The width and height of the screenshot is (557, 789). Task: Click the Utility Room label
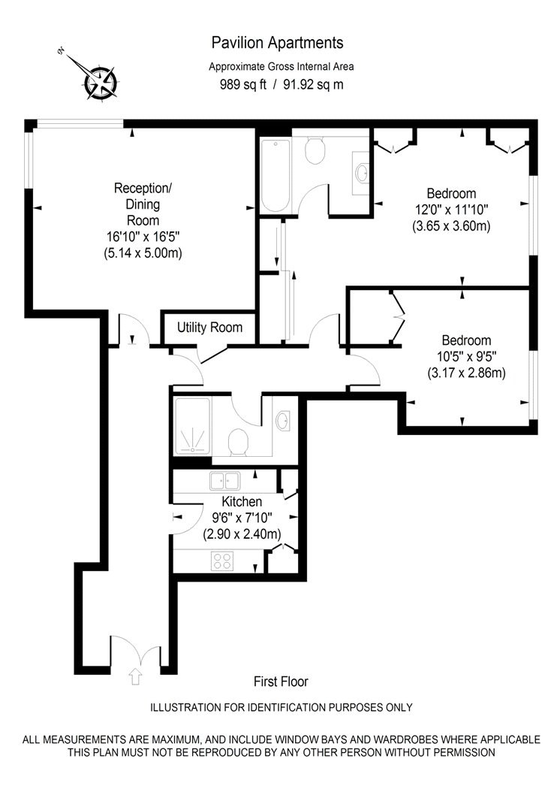[209, 328]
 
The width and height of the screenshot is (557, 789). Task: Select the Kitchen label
[242, 502]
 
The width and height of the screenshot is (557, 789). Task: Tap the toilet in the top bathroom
[315, 151]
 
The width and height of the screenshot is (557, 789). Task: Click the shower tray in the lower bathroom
[193, 425]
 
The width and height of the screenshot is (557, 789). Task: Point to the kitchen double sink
[224, 481]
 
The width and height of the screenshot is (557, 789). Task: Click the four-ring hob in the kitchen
[223, 561]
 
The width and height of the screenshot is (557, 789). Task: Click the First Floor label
[281, 682]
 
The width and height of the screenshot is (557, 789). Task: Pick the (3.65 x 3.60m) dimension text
[451, 225]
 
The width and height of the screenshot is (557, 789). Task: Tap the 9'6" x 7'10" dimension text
[242, 518]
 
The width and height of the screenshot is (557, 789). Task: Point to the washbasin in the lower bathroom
[285, 421]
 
